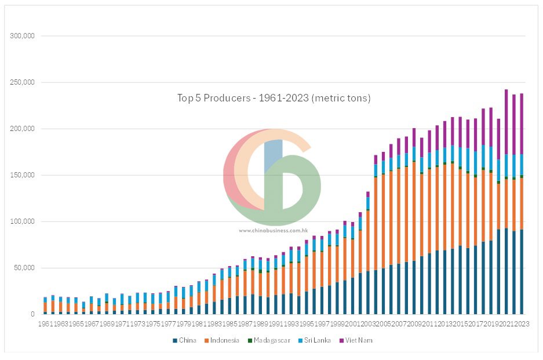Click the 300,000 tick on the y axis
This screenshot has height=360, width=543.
(x=22, y=36)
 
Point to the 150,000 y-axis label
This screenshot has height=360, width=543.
(x=22, y=175)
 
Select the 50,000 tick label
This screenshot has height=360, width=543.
(x=24, y=268)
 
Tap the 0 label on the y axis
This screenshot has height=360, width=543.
(x=33, y=314)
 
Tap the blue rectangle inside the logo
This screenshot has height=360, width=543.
(x=273, y=155)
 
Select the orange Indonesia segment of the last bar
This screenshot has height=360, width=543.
(x=521, y=203)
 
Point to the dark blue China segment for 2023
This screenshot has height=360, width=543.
(x=521, y=272)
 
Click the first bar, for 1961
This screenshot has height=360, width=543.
(x=45, y=307)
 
